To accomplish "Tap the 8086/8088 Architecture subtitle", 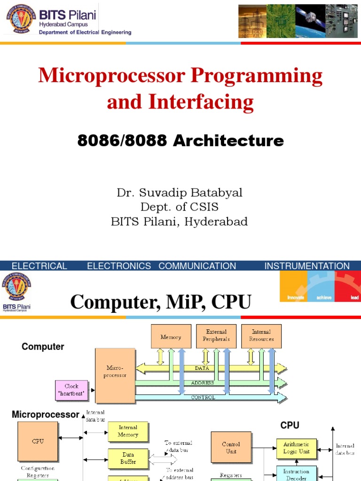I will [180, 140].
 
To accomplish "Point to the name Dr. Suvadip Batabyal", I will [180, 193].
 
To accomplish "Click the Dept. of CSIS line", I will [180, 207].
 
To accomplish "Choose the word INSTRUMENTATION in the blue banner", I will [307, 266].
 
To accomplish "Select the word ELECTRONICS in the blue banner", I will [119, 266].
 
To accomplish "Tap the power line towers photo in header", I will [252, 21].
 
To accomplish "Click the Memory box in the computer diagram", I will [171, 336].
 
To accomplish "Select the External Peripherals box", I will [216, 336].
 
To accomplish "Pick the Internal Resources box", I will [261, 336].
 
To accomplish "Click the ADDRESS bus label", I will [203, 383].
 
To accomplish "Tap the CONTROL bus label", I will [203, 397].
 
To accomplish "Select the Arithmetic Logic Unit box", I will [297, 448].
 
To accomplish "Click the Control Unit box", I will [231, 448].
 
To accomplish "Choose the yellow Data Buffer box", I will [128, 458].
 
